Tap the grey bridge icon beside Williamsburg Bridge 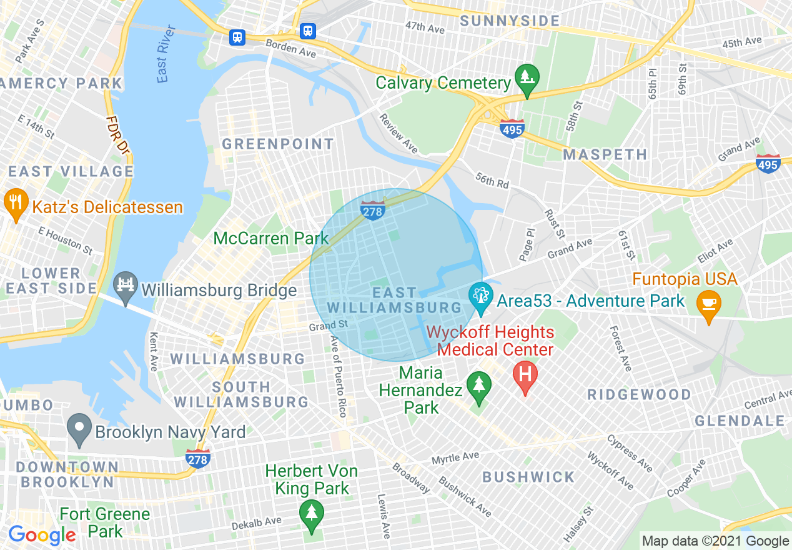[x=126, y=287]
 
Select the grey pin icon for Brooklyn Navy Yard [x=79, y=429]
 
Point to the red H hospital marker [x=525, y=376]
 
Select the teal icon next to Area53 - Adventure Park [x=480, y=298]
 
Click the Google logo [x=42, y=535]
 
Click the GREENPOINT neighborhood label [x=279, y=144]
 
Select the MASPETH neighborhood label [x=605, y=154]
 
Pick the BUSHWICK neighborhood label [x=528, y=477]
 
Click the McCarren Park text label [x=271, y=238]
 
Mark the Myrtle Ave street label [x=455, y=458]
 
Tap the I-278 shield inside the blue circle [x=372, y=210]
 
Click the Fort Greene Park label [x=105, y=523]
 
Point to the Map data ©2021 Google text [x=716, y=541]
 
